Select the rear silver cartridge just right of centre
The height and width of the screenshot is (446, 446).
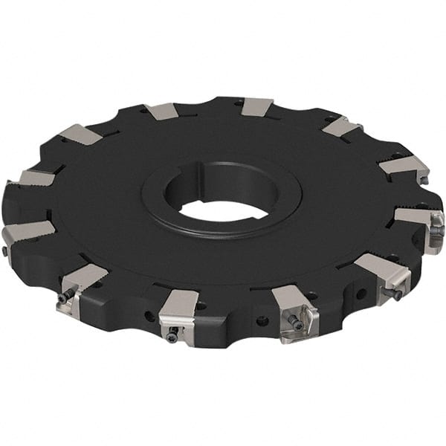pos(257,106)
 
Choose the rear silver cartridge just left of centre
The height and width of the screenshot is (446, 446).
pos(161,111)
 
